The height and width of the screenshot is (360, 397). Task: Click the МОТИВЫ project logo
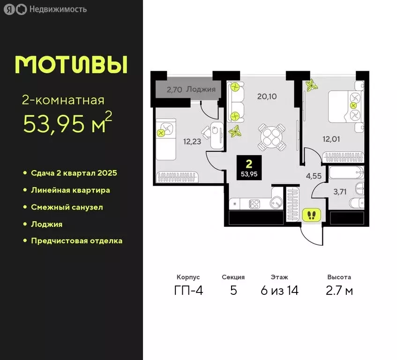click(71, 65)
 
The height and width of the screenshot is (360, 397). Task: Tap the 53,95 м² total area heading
click(67, 124)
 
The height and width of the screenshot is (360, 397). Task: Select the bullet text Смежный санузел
click(67, 207)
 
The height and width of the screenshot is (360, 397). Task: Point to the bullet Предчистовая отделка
click(76, 241)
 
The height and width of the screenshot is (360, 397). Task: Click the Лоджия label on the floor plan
click(201, 89)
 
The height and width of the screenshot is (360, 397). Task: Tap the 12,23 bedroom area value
click(193, 141)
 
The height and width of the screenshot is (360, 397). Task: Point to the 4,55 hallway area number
click(314, 177)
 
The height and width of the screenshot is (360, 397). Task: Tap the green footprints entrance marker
click(311, 215)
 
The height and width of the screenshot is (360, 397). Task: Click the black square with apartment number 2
click(249, 167)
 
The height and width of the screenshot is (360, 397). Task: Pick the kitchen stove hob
click(254, 204)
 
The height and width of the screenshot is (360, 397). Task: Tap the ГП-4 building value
click(188, 291)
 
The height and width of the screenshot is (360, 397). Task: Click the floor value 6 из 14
click(279, 291)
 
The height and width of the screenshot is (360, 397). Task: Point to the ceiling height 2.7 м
click(339, 291)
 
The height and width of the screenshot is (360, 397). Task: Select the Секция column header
click(233, 277)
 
